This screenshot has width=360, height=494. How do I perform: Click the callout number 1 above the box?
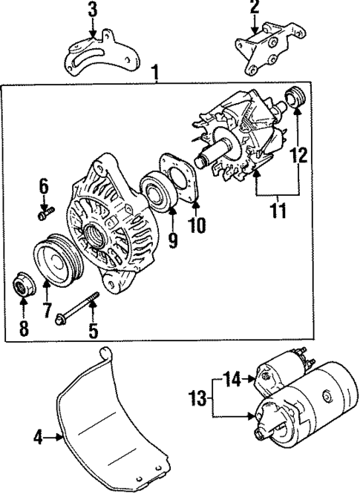(156, 73)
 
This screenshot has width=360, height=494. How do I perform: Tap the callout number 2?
(255, 8)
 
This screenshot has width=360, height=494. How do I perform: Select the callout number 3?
(92, 10)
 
